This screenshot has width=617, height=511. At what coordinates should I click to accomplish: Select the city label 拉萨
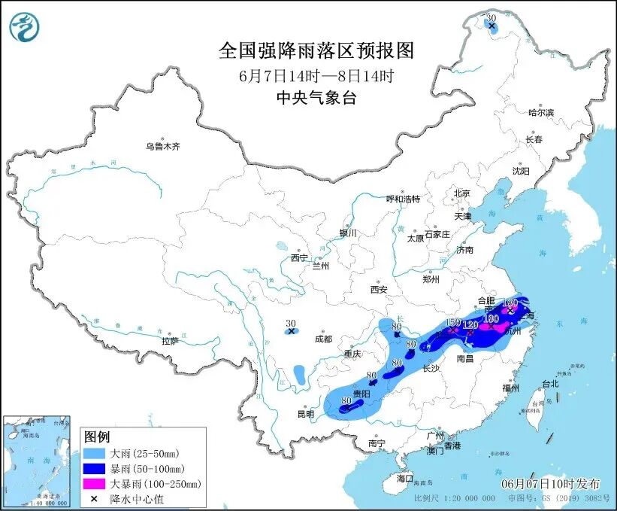(x=170, y=341)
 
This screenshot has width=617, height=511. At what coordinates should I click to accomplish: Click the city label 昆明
(x=305, y=414)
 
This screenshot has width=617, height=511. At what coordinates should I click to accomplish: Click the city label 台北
(x=549, y=383)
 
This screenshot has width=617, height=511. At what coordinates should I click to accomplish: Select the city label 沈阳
(x=521, y=171)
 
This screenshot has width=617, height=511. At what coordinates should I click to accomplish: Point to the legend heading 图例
(x=97, y=437)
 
